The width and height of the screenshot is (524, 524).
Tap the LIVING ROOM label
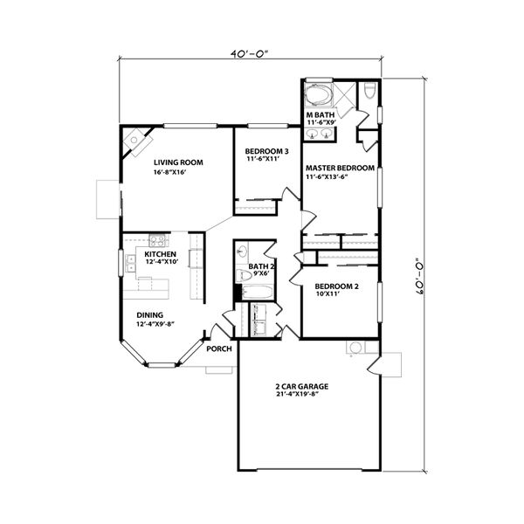(x=178, y=162)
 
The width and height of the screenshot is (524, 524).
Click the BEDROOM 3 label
(x=266, y=150)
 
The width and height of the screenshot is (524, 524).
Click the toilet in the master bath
(x=369, y=91)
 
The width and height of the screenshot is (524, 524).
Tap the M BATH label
(x=320, y=115)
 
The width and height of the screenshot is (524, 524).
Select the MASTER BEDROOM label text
(x=339, y=168)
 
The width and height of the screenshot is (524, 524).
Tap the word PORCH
(x=219, y=348)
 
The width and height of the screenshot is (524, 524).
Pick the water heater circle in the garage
(x=355, y=348)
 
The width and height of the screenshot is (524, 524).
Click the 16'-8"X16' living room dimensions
(x=171, y=173)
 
